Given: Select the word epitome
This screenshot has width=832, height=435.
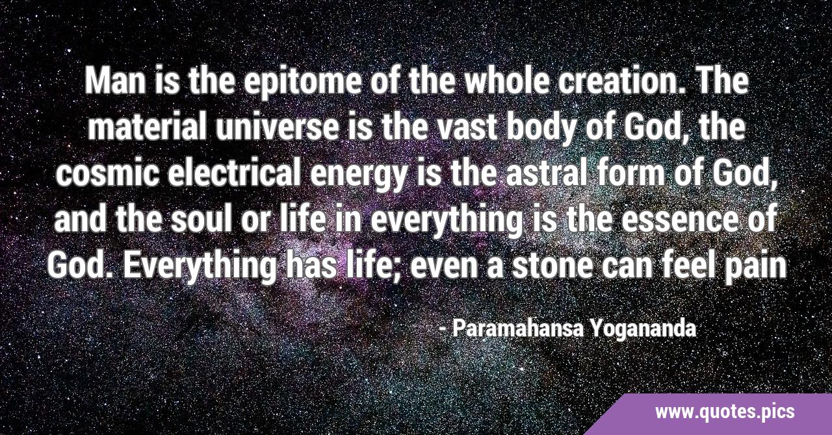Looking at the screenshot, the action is click(x=304, y=85).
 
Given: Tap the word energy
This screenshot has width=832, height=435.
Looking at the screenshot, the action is click(x=357, y=177).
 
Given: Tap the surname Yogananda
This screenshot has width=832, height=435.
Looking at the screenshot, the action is click(x=643, y=330).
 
